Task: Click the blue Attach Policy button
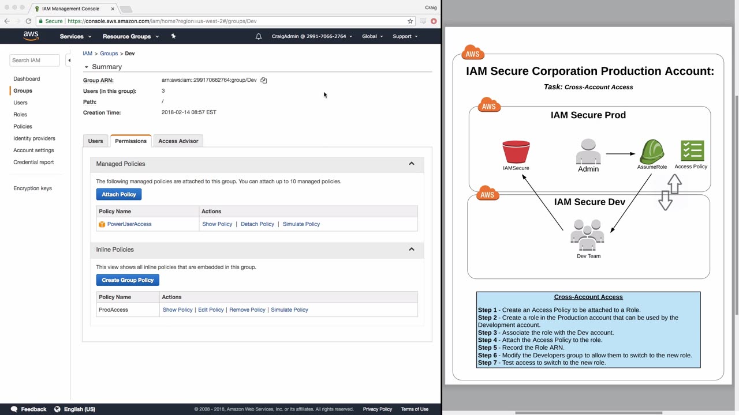click(x=119, y=194)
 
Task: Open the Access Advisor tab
click(x=178, y=141)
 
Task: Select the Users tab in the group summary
click(x=95, y=141)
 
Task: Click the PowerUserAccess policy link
click(x=129, y=224)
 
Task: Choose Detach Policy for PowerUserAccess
click(x=257, y=224)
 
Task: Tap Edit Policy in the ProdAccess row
click(x=211, y=310)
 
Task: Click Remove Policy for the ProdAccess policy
click(x=247, y=310)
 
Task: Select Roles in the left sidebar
click(x=20, y=115)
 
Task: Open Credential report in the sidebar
click(x=33, y=162)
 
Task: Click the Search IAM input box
click(x=34, y=61)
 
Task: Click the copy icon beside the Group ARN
click(x=264, y=80)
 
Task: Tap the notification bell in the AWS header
click(x=259, y=36)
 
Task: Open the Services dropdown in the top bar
click(x=75, y=36)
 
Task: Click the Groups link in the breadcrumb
click(x=109, y=54)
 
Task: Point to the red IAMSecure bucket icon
click(x=516, y=152)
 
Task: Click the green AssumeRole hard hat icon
click(x=652, y=152)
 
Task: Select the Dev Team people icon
click(x=587, y=235)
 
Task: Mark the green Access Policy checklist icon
click(x=692, y=151)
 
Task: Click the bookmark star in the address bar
click(x=410, y=21)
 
